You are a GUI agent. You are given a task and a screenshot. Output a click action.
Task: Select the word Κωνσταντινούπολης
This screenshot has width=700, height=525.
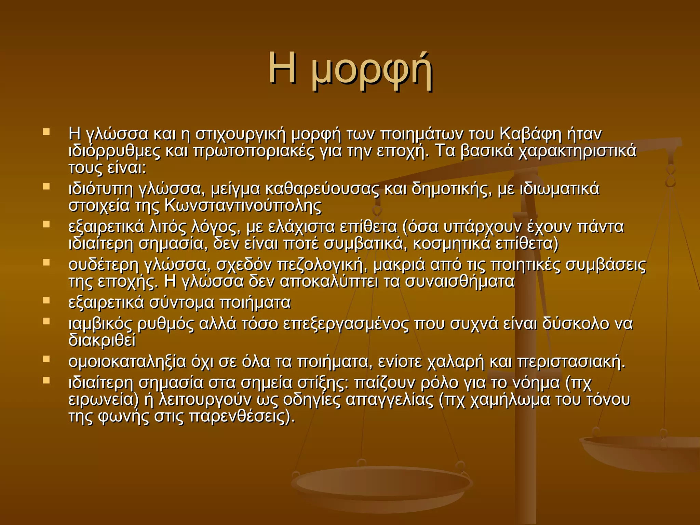coord(243,206)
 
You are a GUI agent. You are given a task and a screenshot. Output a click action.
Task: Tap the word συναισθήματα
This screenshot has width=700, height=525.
coord(460,282)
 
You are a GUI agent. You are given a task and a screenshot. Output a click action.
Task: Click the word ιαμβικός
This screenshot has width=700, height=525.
coord(100,324)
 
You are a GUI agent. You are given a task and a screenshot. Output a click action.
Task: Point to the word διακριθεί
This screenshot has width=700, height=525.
coord(102,340)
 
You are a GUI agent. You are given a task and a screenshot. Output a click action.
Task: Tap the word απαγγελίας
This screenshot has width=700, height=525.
coord(389,400)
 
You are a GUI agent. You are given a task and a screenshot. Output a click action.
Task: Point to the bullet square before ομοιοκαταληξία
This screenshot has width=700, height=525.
coord(46,359)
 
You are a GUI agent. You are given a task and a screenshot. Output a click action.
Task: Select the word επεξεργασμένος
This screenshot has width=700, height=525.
coord(346,324)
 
